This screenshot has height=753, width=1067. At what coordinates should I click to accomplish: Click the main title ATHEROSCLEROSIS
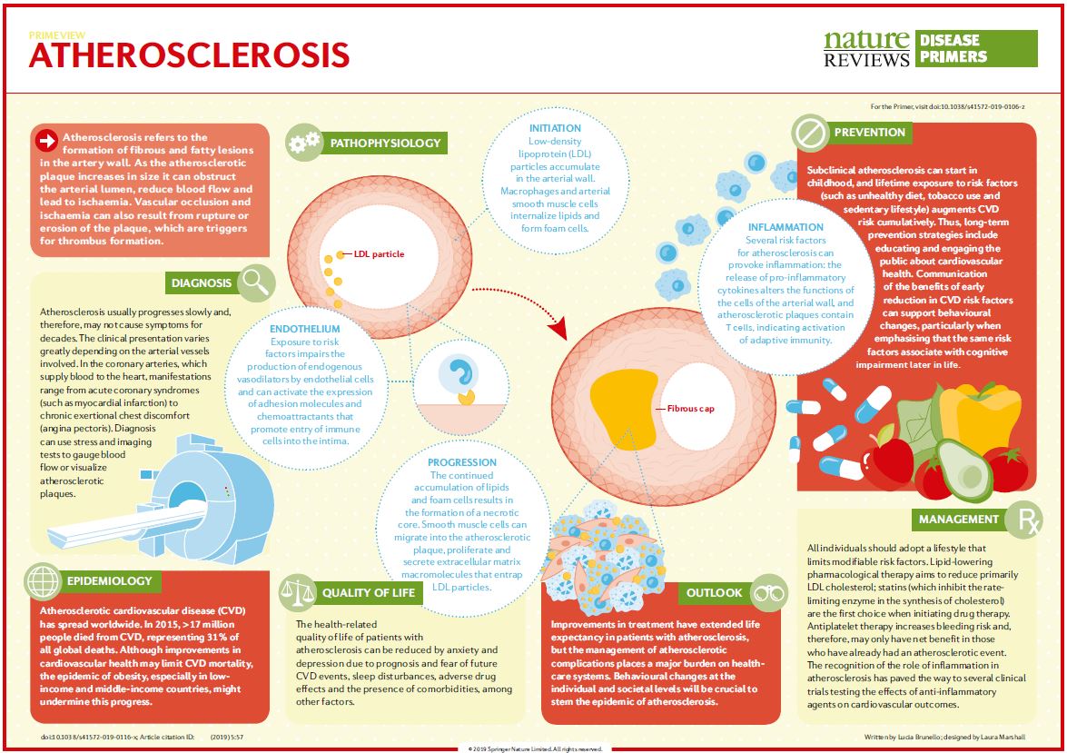(189, 55)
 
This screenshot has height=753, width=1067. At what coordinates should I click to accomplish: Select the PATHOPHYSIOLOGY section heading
(385, 143)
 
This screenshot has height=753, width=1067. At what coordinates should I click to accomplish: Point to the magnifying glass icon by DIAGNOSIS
(256, 282)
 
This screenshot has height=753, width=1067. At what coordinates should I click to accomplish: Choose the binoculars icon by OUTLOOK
(769, 591)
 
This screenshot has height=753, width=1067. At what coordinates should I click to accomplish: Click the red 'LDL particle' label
(379, 253)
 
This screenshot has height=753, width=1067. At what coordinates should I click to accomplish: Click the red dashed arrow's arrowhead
(559, 326)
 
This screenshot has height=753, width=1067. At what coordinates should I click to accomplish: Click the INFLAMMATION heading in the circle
(785, 227)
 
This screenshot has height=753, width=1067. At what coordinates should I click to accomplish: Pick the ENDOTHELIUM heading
(305, 329)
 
